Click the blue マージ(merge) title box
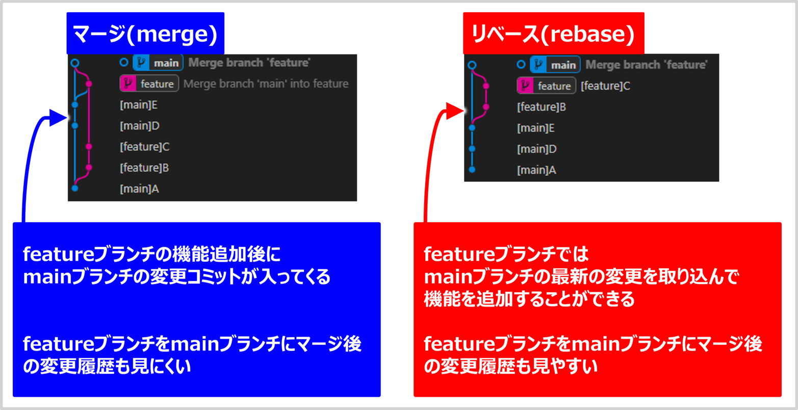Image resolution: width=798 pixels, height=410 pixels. (x=145, y=34)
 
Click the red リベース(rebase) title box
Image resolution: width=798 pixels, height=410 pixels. (x=553, y=34)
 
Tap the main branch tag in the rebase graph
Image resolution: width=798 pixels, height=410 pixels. (x=555, y=65)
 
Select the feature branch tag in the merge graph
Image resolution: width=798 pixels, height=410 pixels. (x=149, y=84)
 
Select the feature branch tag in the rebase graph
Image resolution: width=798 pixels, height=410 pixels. (x=546, y=86)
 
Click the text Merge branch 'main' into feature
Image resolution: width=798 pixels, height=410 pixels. (x=266, y=84)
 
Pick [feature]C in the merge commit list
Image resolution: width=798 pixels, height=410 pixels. (x=145, y=147)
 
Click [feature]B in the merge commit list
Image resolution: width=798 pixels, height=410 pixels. (x=144, y=168)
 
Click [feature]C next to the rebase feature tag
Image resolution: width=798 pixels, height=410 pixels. (x=605, y=86)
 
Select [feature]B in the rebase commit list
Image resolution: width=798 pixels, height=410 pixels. (x=542, y=107)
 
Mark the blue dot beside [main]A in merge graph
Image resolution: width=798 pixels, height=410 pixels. (x=75, y=188)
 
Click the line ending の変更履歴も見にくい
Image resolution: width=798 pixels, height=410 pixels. (x=107, y=366)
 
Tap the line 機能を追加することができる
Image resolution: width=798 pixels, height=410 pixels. (x=529, y=299)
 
